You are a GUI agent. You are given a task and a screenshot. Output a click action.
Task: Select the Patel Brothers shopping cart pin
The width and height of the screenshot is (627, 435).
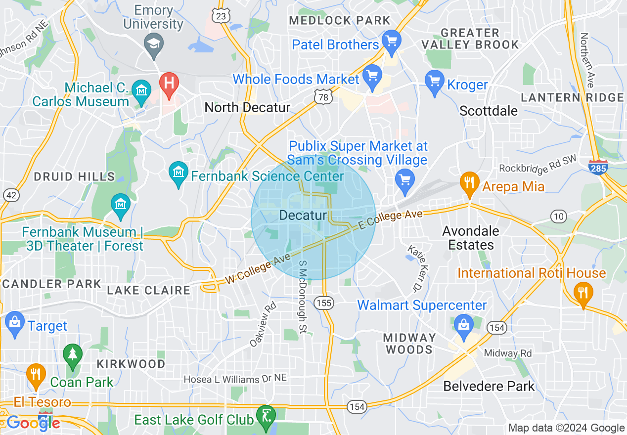[x=392, y=41]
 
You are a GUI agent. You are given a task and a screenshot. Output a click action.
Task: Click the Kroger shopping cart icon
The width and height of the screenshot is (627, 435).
[x=435, y=81]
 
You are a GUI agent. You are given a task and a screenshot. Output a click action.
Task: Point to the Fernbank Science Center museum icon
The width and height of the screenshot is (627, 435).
[x=178, y=173]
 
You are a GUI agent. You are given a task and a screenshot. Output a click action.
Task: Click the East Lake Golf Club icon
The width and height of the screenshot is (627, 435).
[x=267, y=416]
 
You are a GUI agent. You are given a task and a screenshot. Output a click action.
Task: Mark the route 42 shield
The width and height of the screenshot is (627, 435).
[x=11, y=195]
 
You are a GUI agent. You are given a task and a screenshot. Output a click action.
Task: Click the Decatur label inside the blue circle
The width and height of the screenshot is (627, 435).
[x=303, y=216]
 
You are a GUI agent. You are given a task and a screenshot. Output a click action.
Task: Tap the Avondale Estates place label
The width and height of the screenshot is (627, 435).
[x=471, y=238]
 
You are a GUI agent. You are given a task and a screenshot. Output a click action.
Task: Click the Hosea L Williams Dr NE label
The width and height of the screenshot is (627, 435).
[x=235, y=379]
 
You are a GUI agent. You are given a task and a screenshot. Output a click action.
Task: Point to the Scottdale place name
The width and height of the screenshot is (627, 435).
[x=489, y=111]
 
